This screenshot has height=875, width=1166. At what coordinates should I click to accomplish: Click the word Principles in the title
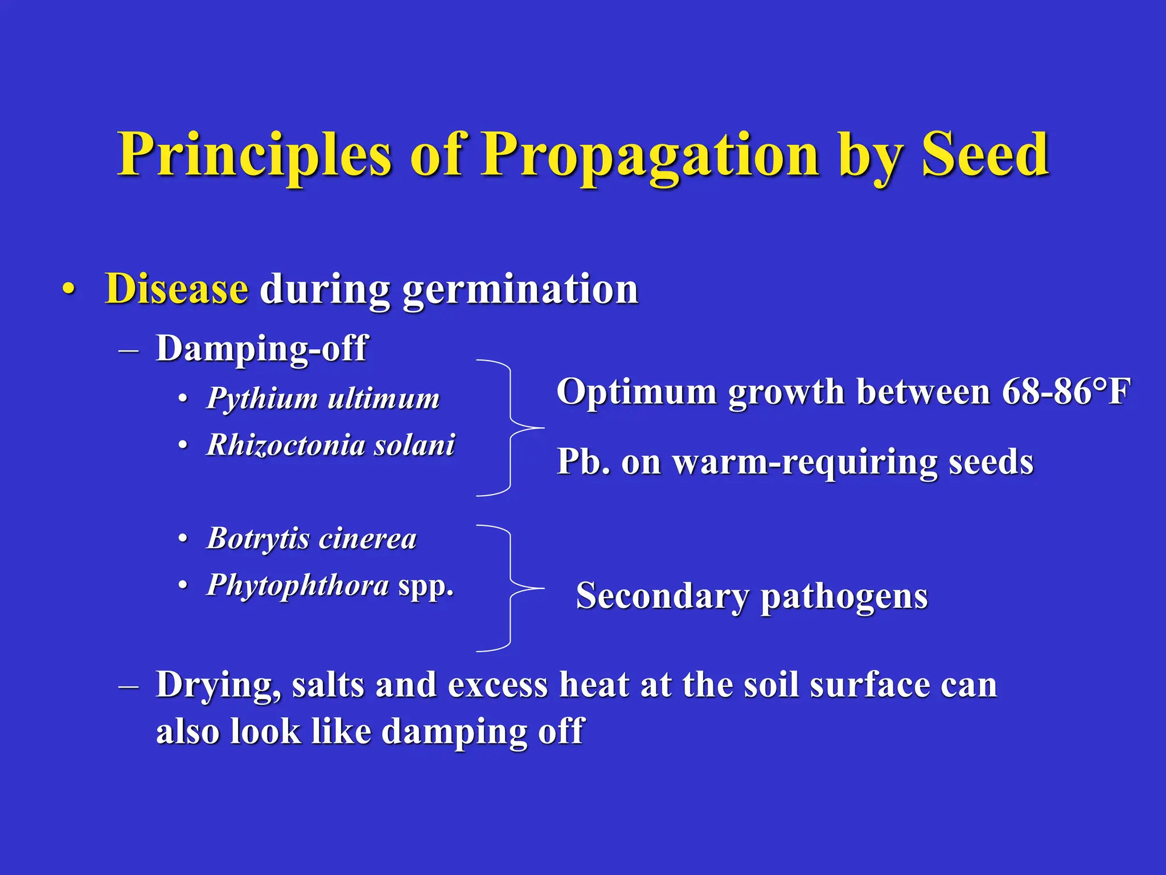click(x=254, y=155)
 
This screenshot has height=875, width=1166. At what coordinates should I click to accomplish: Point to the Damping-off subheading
click(x=262, y=348)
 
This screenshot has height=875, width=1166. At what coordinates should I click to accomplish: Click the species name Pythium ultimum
click(x=323, y=398)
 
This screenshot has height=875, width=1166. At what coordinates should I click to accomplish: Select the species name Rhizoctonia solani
click(x=330, y=445)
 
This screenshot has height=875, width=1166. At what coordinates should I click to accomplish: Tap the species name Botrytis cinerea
click(x=311, y=538)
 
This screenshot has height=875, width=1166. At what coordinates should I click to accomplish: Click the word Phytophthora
click(x=297, y=585)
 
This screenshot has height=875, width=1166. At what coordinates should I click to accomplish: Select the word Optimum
click(x=636, y=393)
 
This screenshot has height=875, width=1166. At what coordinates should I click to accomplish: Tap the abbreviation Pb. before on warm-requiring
click(x=583, y=461)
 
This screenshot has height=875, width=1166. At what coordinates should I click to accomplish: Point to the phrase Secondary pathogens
click(x=752, y=596)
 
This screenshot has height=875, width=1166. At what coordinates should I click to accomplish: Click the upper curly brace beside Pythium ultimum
click(x=511, y=427)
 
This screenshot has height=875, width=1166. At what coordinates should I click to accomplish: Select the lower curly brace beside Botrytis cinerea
click(x=511, y=588)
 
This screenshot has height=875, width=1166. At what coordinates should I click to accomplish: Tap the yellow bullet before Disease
click(x=69, y=288)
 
